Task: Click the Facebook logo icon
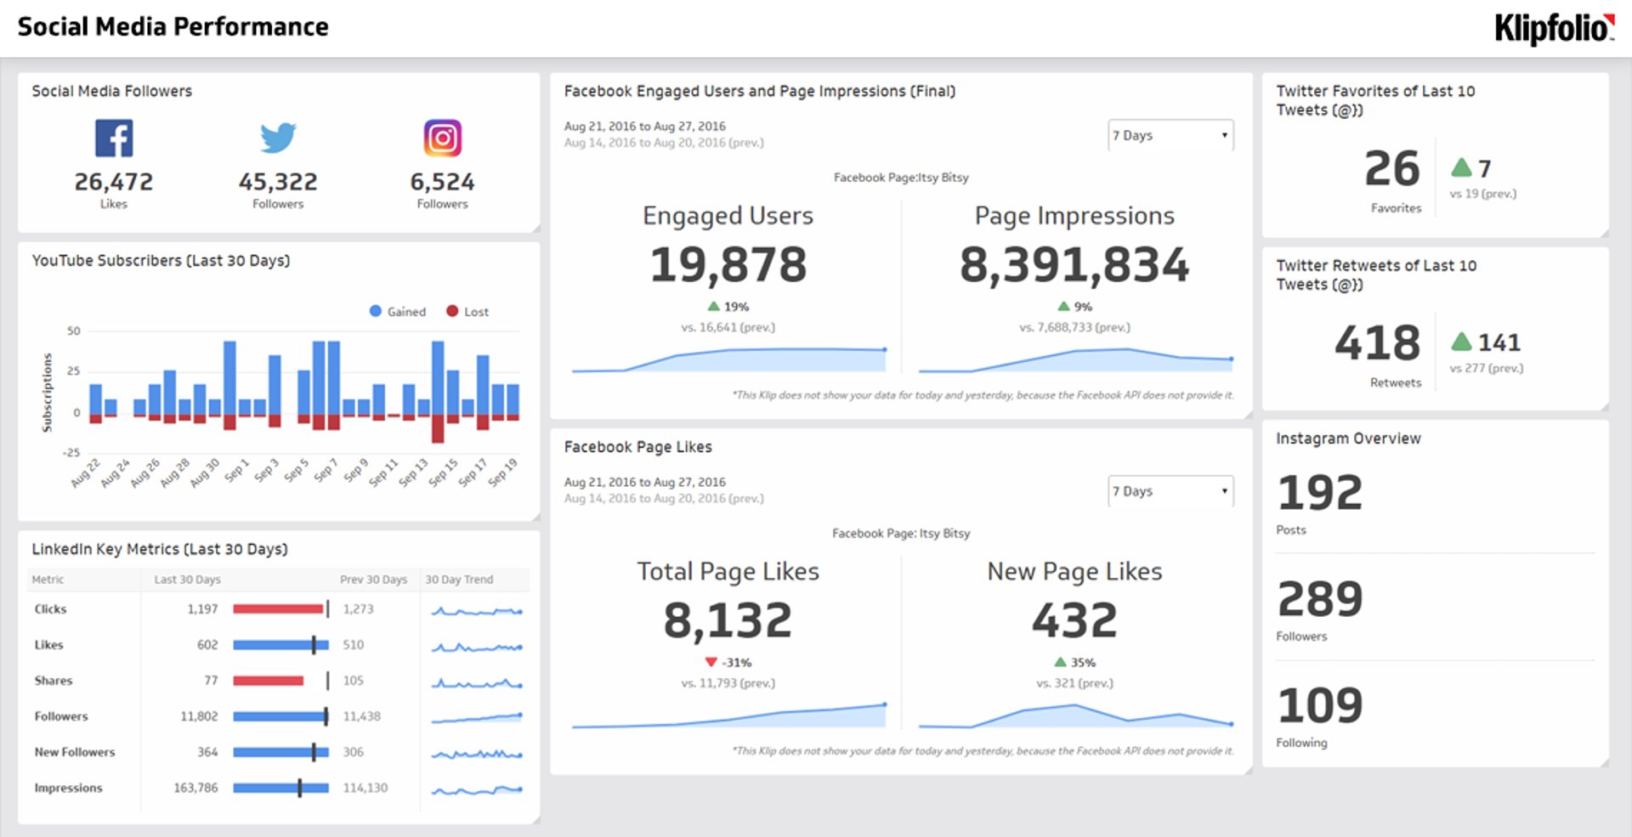[x=114, y=138]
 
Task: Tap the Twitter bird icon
[x=278, y=138]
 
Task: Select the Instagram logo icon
[x=442, y=138]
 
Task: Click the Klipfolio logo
[x=1554, y=29]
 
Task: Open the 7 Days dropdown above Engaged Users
[x=1170, y=135]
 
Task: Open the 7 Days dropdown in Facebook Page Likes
[x=1170, y=491]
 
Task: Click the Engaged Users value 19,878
[x=728, y=264]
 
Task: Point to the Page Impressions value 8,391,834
[x=1074, y=264]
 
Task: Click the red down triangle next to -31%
[x=711, y=662]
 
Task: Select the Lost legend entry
[x=467, y=312]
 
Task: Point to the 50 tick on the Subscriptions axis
[x=74, y=331]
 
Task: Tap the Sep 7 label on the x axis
[x=325, y=471]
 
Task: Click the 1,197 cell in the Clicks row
[x=202, y=609]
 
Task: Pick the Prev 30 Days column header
[x=373, y=580]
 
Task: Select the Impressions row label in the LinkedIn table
[x=68, y=788]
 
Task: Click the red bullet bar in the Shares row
[x=268, y=681]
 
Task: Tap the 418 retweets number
[x=1377, y=343]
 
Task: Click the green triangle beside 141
[x=1461, y=342]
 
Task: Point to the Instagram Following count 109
[x=1319, y=705]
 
